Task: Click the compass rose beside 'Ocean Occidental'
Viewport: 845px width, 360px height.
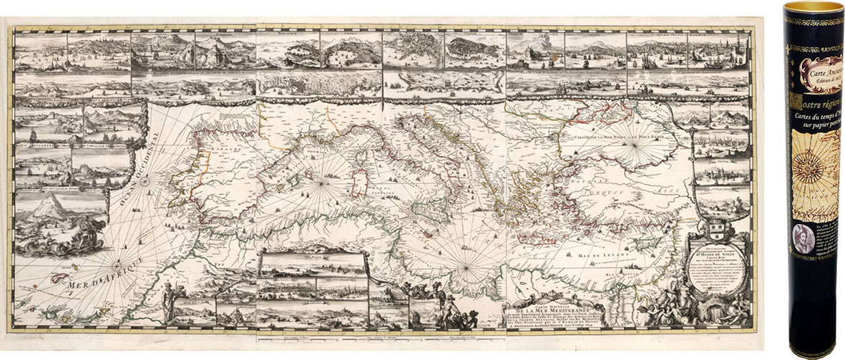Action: coord(144,181)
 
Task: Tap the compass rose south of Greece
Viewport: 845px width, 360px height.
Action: coord(466,269)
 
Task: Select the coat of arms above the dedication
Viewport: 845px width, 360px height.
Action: coord(715,232)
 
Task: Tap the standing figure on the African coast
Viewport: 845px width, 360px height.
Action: coord(169,301)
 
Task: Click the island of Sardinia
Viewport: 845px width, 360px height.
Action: coord(362,183)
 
